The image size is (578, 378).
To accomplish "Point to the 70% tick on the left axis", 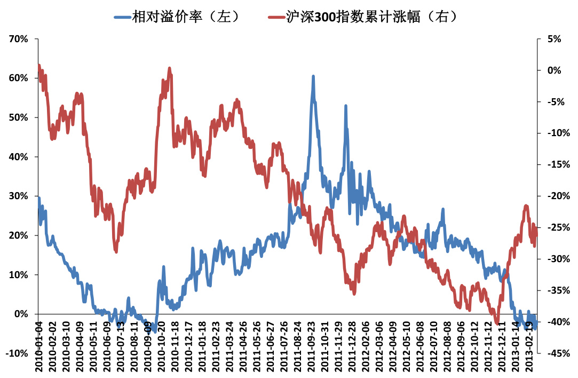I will coord(19,39).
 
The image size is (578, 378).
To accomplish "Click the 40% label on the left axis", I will coord(19,157).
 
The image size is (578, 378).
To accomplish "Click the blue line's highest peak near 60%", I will coord(313,76).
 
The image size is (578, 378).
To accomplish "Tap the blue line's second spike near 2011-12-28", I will coord(346,106).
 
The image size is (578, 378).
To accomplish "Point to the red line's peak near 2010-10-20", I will coord(169,68).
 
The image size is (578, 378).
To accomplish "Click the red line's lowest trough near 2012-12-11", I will coord(497,323).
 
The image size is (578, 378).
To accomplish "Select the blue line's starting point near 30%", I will coord(38,198).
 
